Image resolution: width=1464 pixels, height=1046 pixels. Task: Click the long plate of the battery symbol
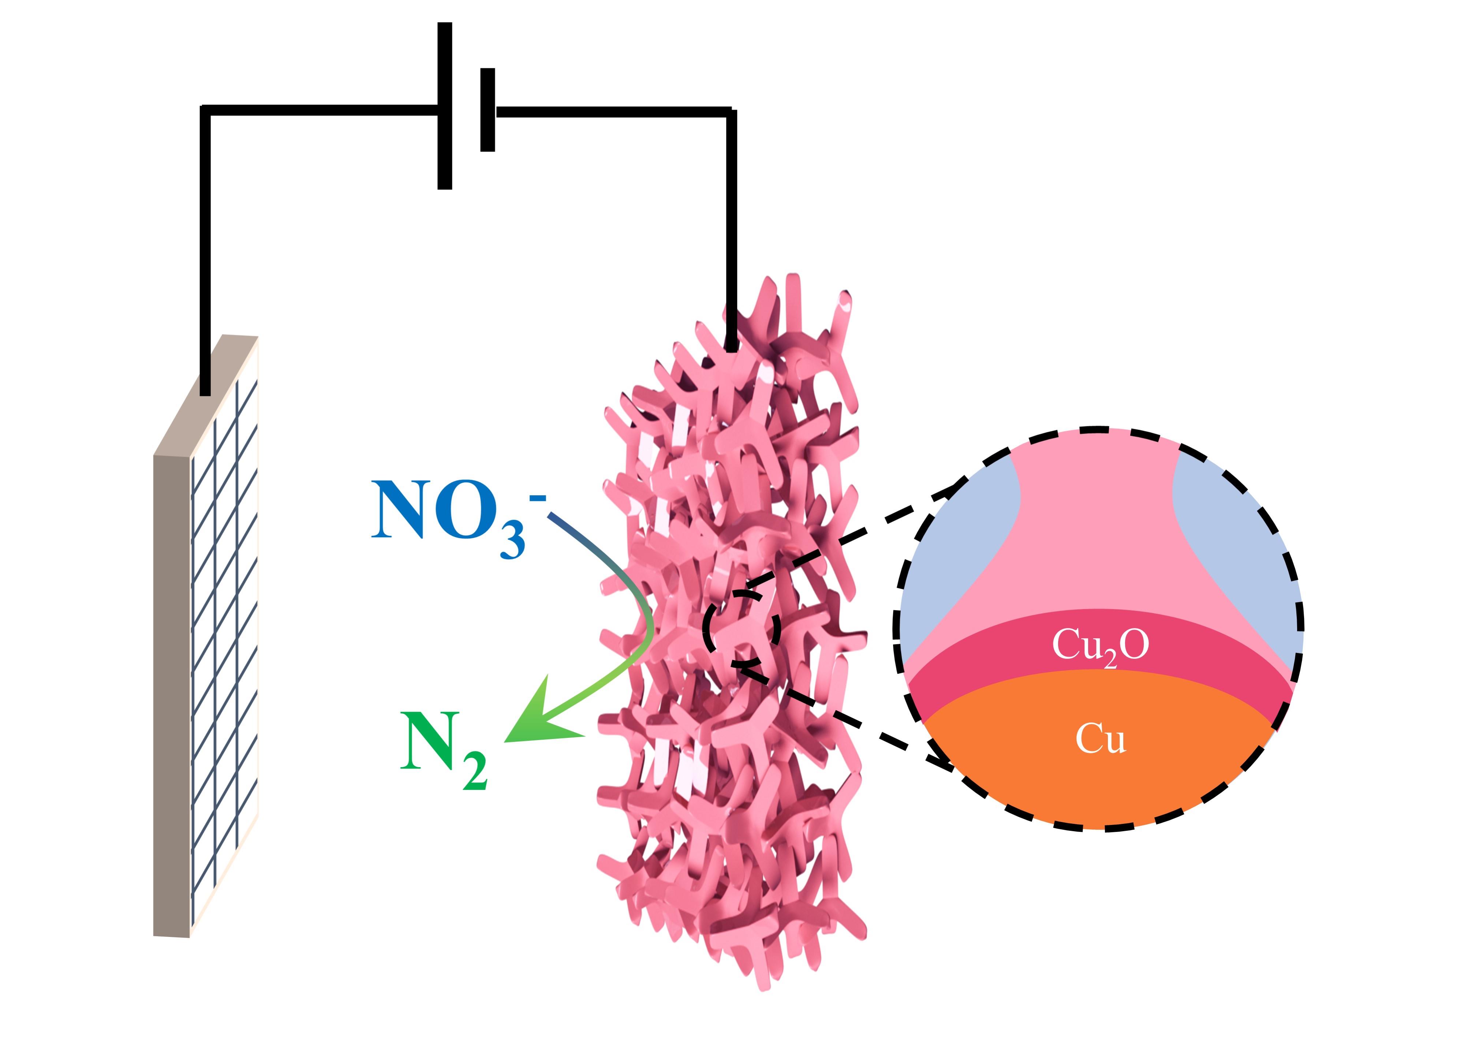(444, 106)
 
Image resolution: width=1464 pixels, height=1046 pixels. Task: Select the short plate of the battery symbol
(488, 109)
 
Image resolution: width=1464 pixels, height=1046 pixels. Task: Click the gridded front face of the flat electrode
(225, 644)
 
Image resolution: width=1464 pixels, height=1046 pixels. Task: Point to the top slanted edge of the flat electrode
(206, 393)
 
